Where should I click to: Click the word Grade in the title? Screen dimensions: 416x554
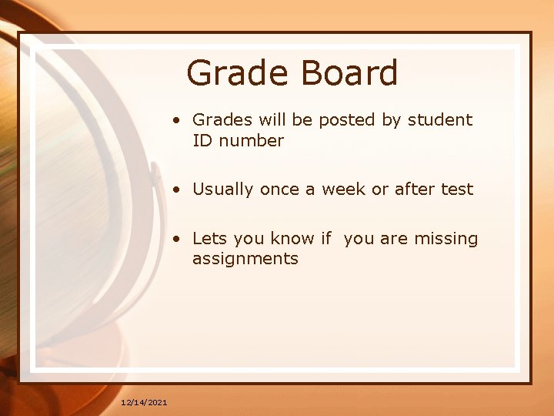pyautogui.click(x=236, y=74)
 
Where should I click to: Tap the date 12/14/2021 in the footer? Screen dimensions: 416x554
pyautogui.click(x=144, y=402)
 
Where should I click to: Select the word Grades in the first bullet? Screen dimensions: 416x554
pyautogui.click(x=219, y=120)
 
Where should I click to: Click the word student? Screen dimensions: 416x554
pyautogui.click(x=440, y=120)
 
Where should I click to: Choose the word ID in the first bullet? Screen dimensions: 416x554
pyautogui.click(x=203, y=141)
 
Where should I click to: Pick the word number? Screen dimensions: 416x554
pyautogui.click(x=252, y=141)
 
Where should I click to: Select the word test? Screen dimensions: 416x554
pyautogui.click(x=458, y=190)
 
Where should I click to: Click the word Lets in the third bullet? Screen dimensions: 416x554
pyautogui.click(x=209, y=239)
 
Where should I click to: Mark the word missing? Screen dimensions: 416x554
pyautogui.click(x=446, y=239)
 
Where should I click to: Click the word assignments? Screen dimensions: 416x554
pyautogui.click(x=245, y=259)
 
